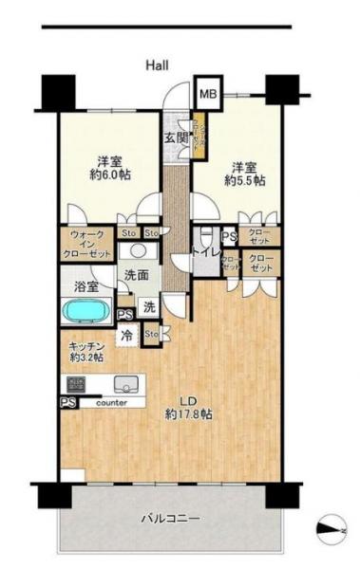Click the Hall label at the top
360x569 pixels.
(x=157, y=64)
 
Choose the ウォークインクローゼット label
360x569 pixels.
(x=86, y=248)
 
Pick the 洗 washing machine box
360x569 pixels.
(x=150, y=307)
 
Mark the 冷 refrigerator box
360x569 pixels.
(x=127, y=334)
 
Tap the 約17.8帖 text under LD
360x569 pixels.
(x=187, y=414)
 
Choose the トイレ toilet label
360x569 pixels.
(x=206, y=251)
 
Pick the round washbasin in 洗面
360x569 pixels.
(x=138, y=251)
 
